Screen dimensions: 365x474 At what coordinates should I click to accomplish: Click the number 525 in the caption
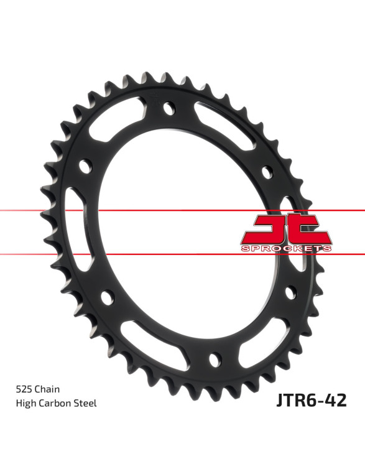24,389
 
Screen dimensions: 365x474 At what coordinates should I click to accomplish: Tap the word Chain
47,389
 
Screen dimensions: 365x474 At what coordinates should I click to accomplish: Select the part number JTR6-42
312,401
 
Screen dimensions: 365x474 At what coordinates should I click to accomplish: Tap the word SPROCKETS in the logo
286,248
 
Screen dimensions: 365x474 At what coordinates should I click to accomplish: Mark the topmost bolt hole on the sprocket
169,108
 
